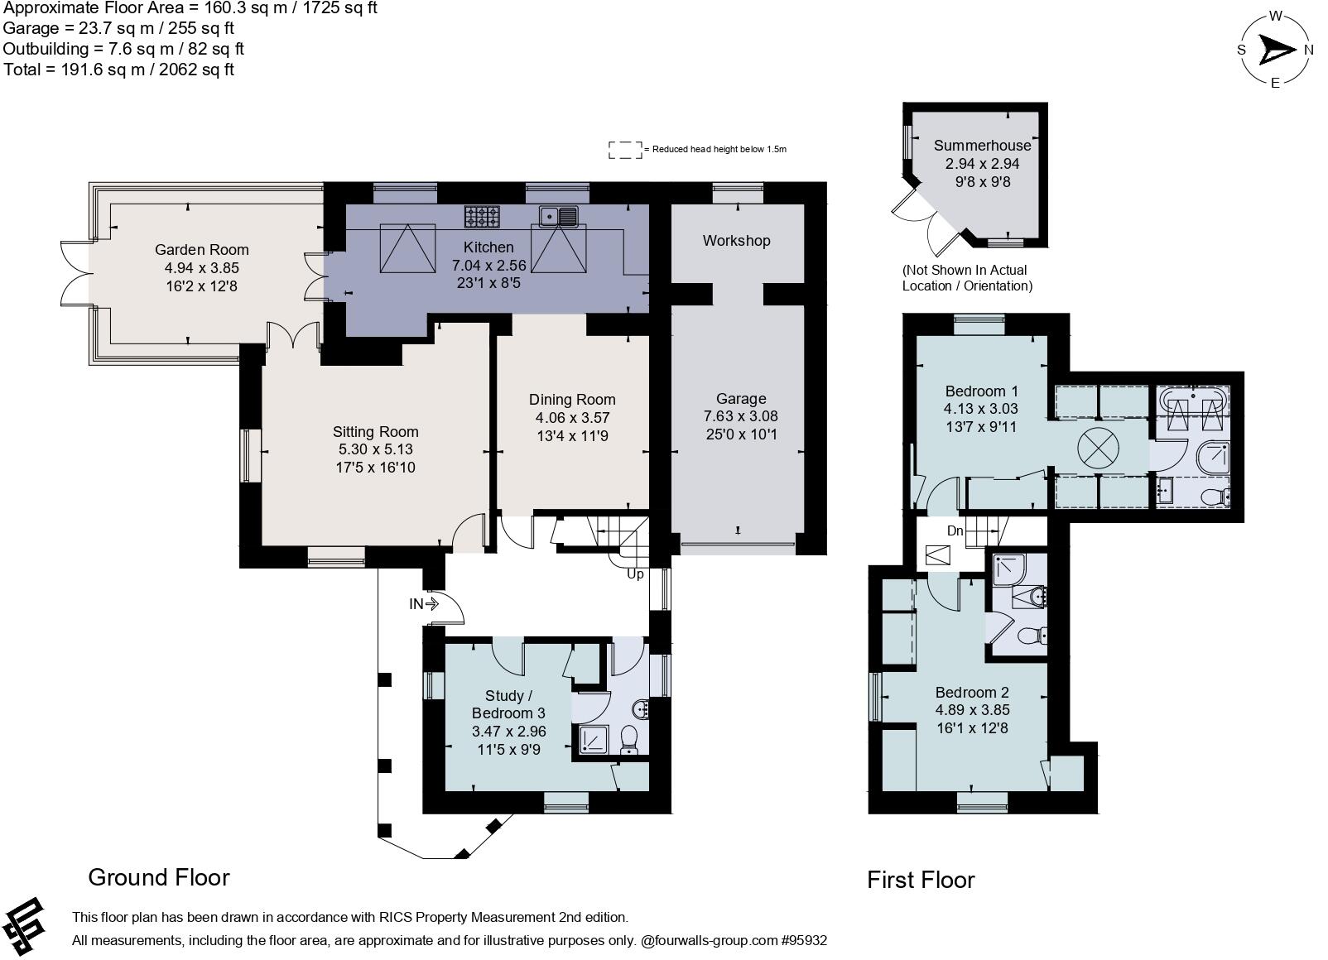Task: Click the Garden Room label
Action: (x=201, y=249)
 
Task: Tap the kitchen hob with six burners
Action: (x=482, y=217)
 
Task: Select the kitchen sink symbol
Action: (x=559, y=217)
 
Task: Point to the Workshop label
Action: (x=736, y=241)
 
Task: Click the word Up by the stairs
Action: (x=635, y=574)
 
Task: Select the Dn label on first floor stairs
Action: (x=955, y=530)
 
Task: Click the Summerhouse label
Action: (x=982, y=146)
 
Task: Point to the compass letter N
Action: (x=1309, y=50)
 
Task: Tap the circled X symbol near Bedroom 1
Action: (x=1097, y=449)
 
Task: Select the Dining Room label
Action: (x=572, y=400)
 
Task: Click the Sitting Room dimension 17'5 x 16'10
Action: (x=375, y=468)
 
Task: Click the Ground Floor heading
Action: (x=158, y=877)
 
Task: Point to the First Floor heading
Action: (x=921, y=880)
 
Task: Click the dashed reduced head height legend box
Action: (x=625, y=150)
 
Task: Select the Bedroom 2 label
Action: (x=972, y=692)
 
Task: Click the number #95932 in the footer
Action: (x=803, y=940)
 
